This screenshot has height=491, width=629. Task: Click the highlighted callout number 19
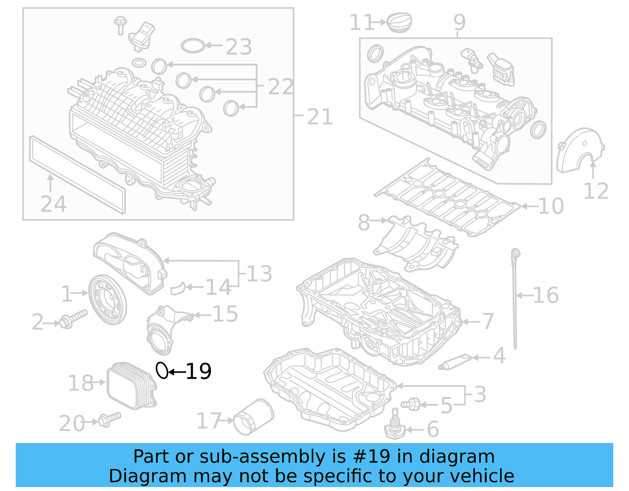(199, 371)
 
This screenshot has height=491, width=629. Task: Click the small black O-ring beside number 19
(162, 370)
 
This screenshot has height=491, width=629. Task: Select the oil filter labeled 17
(253, 417)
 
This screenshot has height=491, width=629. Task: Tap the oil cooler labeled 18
(132, 386)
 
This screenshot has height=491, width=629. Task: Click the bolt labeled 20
(109, 419)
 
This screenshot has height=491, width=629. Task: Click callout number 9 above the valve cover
(459, 22)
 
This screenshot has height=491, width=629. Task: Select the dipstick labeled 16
(515, 299)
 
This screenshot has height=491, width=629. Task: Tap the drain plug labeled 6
(395, 429)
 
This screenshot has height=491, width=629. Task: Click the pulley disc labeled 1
(107, 300)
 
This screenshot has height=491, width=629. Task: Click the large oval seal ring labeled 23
(193, 46)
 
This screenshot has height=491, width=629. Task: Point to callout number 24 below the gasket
(53, 204)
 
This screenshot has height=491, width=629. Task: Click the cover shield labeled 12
(580, 151)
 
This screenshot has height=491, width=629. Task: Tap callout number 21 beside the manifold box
(320, 117)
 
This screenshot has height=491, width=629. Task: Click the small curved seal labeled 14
(178, 289)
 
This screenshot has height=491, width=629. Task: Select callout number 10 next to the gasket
(551, 206)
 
